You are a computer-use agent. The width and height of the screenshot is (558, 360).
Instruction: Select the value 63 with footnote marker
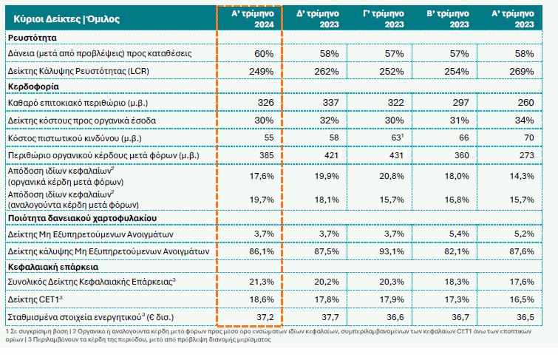tap(398, 137)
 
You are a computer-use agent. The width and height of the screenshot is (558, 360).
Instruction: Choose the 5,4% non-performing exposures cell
tap(460, 234)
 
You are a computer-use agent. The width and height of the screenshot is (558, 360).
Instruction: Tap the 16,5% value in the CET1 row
tap(522, 300)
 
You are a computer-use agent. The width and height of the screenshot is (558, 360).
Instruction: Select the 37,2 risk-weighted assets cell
tap(263, 317)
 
